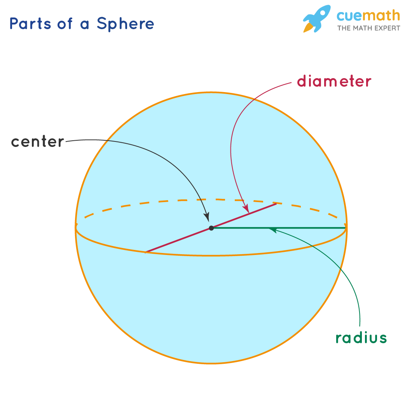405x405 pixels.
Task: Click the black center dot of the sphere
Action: click(x=211, y=228)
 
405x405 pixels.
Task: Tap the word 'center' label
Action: click(x=37, y=141)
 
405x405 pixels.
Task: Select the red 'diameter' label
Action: click(x=334, y=81)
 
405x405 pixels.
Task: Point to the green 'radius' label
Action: click(x=361, y=338)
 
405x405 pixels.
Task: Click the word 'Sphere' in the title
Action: click(x=125, y=24)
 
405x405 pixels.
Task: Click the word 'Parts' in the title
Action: click(x=30, y=23)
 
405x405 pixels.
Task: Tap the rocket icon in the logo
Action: click(x=317, y=19)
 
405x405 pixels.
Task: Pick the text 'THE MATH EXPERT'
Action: click(x=368, y=28)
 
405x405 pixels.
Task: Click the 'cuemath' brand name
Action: click(x=368, y=16)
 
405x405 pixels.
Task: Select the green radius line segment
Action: click(x=279, y=228)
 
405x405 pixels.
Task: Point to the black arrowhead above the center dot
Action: click(x=207, y=217)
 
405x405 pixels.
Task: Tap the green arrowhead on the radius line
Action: click(x=273, y=230)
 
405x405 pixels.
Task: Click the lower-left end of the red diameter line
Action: click(x=145, y=252)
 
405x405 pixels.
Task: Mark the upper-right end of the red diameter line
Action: click(x=277, y=204)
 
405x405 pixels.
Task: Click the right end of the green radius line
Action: click(x=346, y=228)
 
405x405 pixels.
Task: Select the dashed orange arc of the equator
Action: click(x=211, y=199)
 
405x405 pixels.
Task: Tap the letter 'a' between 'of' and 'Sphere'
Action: click(x=84, y=25)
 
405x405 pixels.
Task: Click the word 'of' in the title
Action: click(x=64, y=23)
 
